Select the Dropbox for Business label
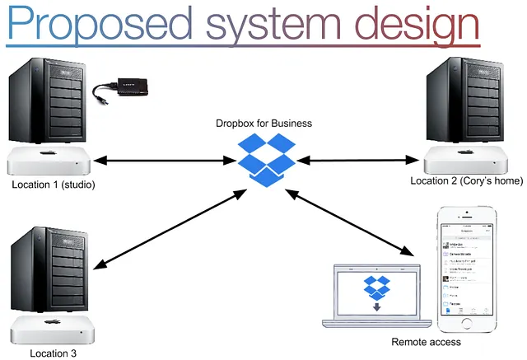pos(264,124)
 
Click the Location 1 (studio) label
pos(54,185)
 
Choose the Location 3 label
pos(53,353)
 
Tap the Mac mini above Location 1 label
pos(50,161)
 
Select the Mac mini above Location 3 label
pos(50,330)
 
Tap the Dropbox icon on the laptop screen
pos(378,288)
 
